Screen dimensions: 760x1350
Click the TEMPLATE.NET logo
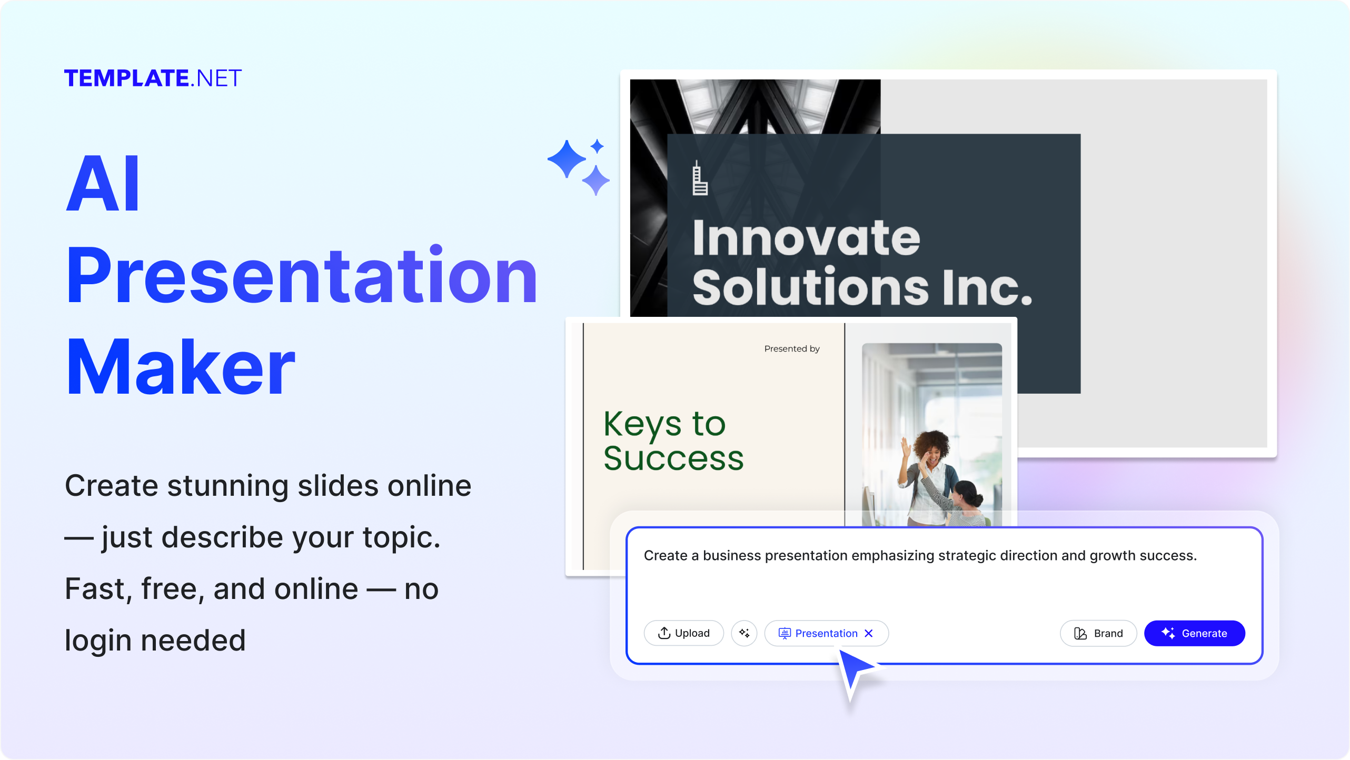pyautogui.click(x=153, y=78)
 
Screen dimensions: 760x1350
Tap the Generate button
pyautogui.click(x=1194, y=633)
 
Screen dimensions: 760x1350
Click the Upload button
pyautogui.click(x=683, y=633)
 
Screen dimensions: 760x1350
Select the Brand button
pyautogui.click(x=1098, y=633)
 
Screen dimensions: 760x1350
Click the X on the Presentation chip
pyautogui.click(x=869, y=633)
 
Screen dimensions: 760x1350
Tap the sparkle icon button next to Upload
pyautogui.click(x=744, y=633)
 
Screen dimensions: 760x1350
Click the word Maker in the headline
pyautogui.click(x=180, y=367)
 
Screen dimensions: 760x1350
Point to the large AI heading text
pyautogui.click(x=104, y=184)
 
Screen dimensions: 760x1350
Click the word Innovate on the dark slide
pyautogui.click(x=806, y=238)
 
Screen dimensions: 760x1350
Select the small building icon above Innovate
pyautogui.click(x=699, y=178)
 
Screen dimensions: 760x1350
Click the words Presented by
pyautogui.click(x=792, y=348)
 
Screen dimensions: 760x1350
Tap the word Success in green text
pyautogui.click(x=673, y=458)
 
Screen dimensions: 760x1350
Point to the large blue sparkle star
pyautogui.click(x=567, y=158)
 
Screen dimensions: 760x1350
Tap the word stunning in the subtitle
pyautogui.click(x=227, y=485)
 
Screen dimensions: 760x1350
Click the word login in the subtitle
pyautogui.click(x=98, y=641)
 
